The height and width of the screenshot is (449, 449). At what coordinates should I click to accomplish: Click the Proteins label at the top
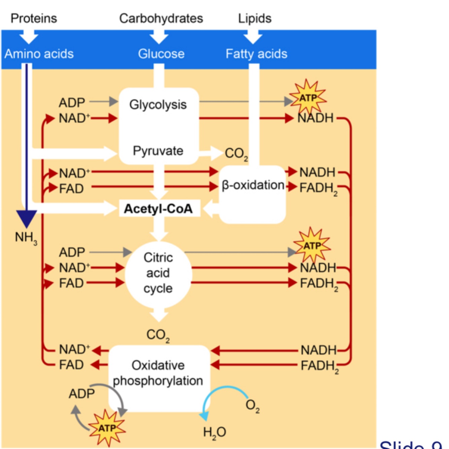tap(34, 18)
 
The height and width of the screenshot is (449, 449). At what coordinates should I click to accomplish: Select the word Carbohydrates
tap(161, 18)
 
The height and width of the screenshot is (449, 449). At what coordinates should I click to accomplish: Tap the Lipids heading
tap(254, 18)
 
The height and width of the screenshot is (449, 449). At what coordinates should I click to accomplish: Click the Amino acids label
tap(39, 54)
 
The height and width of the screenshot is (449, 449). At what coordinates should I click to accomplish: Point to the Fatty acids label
tap(256, 54)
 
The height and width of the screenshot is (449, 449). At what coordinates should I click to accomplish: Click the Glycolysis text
tap(158, 105)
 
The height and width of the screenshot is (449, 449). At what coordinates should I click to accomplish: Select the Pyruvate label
tap(158, 151)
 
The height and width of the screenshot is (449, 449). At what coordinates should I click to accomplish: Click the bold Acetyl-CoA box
tap(158, 209)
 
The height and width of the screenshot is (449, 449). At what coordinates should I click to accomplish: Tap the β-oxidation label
tap(253, 185)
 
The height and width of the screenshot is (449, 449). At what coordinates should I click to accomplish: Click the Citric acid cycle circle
tap(158, 273)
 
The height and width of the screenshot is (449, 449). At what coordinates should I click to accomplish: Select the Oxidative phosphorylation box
tap(158, 373)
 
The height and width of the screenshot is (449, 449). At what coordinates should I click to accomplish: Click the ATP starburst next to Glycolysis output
tap(308, 98)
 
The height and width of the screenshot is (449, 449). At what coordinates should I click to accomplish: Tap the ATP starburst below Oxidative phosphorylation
tap(107, 428)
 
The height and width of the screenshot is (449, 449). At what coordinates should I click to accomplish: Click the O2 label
tap(252, 405)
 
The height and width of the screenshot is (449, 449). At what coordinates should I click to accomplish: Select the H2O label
tap(214, 432)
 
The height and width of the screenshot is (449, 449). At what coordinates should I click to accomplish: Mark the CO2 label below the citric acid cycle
tap(158, 335)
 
